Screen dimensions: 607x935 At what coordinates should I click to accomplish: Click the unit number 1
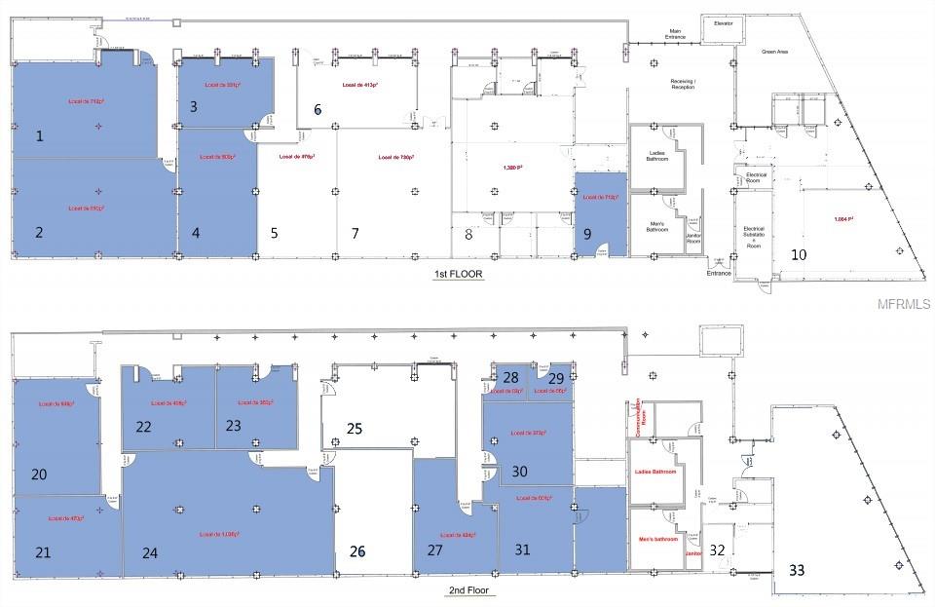click(x=40, y=136)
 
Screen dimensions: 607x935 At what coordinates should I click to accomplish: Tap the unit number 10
click(x=798, y=254)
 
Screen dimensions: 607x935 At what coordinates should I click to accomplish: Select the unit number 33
click(x=797, y=571)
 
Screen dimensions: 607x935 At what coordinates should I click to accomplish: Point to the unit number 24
click(x=149, y=552)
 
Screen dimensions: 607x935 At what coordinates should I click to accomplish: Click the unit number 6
click(x=318, y=110)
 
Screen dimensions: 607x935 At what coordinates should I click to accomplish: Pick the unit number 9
click(x=587, y=233)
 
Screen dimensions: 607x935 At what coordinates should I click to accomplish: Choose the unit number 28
click(x=509, y=378)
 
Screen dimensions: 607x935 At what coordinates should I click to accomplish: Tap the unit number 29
click(x=556, y=378)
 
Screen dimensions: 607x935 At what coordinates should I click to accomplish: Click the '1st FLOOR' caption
click(x=459, y=275)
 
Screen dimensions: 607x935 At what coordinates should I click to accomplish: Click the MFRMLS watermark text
click(x=903, y=304)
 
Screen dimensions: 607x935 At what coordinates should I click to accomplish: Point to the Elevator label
click(x=724, y=22)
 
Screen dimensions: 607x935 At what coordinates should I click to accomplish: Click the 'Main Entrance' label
click(x=674, y=35)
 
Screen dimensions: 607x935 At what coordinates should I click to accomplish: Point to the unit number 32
click(x=718, y=550)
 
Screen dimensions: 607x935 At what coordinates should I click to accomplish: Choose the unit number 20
click(x=39, y=474)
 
